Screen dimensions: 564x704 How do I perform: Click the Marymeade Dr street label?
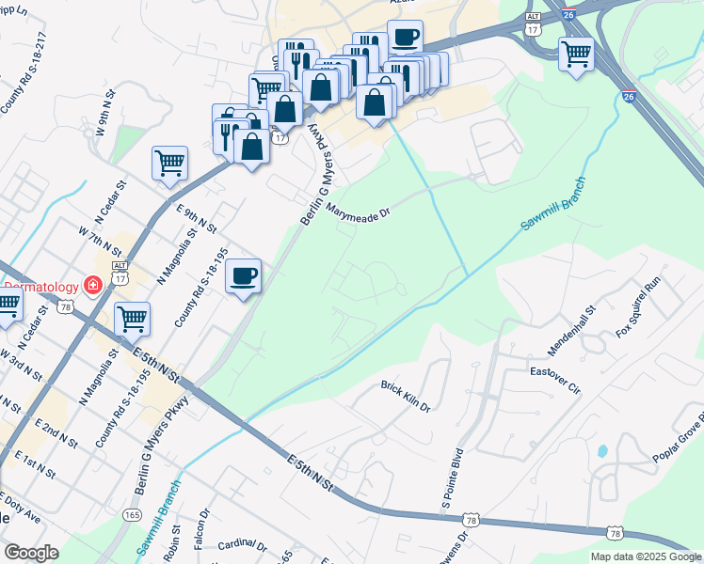pos(359,213)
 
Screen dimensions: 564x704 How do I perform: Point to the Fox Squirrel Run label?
pos(640,307)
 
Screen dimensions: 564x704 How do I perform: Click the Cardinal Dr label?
pos(242,545)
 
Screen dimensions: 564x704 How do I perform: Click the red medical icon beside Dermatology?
pos(93,285)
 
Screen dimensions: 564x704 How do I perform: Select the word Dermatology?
pos(41,285)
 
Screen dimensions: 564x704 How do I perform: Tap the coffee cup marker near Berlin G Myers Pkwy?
pos(244,275)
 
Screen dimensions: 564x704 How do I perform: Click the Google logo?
pos(31,553)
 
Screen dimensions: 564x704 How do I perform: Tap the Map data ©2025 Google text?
pos(647,556)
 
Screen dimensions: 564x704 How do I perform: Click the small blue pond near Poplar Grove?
pos(601,450)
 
